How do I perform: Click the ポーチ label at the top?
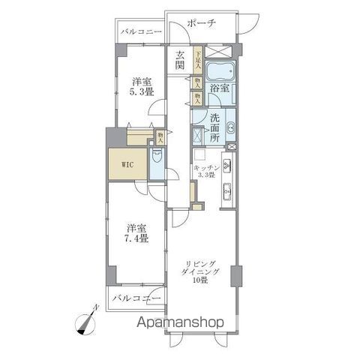pyautogui.click(x=200, y=23)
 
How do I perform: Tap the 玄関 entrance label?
pyautogui.click(x=181, y=60)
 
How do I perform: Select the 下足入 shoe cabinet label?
pyautogui.click(x=197, y=58)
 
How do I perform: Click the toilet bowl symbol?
pyautogui.click(x=155, y=159)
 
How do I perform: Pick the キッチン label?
pyautogui.click(x=205, y=167)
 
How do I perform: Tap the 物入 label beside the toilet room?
pyautogui.click(x=160, y=136)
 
